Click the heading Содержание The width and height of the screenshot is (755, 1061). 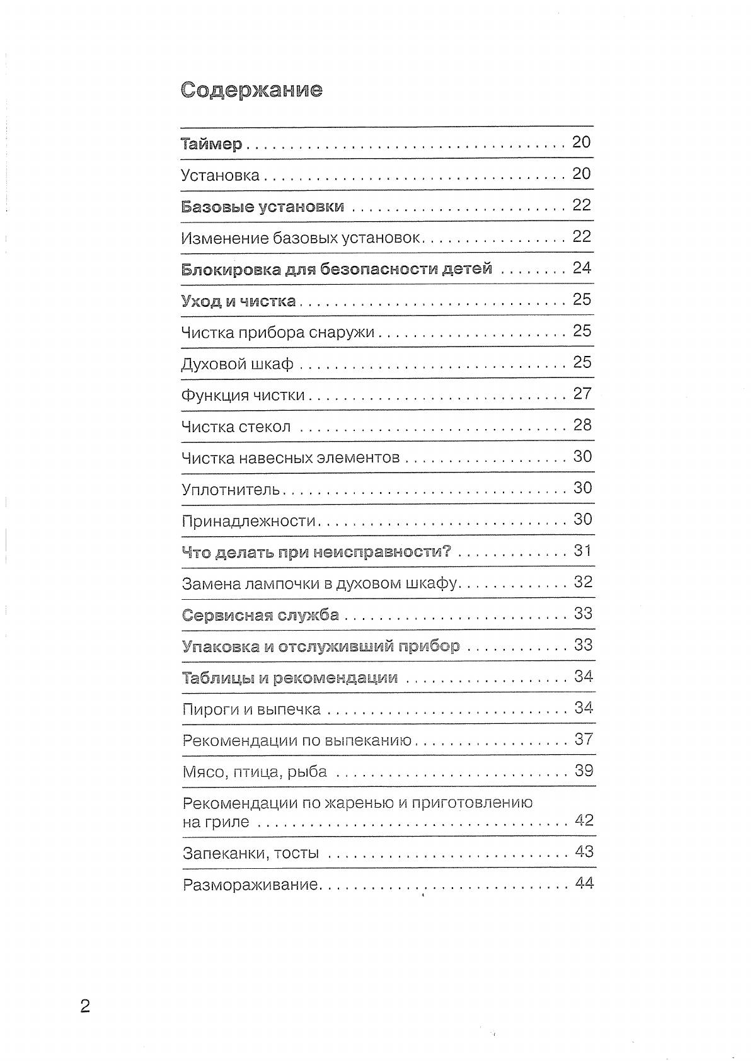251,90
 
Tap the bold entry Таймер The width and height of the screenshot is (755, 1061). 211,144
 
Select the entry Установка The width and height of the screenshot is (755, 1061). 220,175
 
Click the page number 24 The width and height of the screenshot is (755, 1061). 582,268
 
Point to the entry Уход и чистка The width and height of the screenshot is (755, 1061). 238,301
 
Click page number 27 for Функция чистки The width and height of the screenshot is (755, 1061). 582,394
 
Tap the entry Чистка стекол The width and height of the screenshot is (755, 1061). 236,427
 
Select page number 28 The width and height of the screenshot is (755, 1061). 582,425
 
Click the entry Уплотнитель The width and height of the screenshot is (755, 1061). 230,490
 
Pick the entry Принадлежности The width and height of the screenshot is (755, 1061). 248,521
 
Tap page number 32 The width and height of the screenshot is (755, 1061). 583,582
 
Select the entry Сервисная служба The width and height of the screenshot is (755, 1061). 260,615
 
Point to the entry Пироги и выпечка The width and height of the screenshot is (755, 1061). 251,709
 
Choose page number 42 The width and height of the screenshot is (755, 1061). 584,820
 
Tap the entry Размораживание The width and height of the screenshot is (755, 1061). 250,885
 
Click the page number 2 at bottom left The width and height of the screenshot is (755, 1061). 85,1006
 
